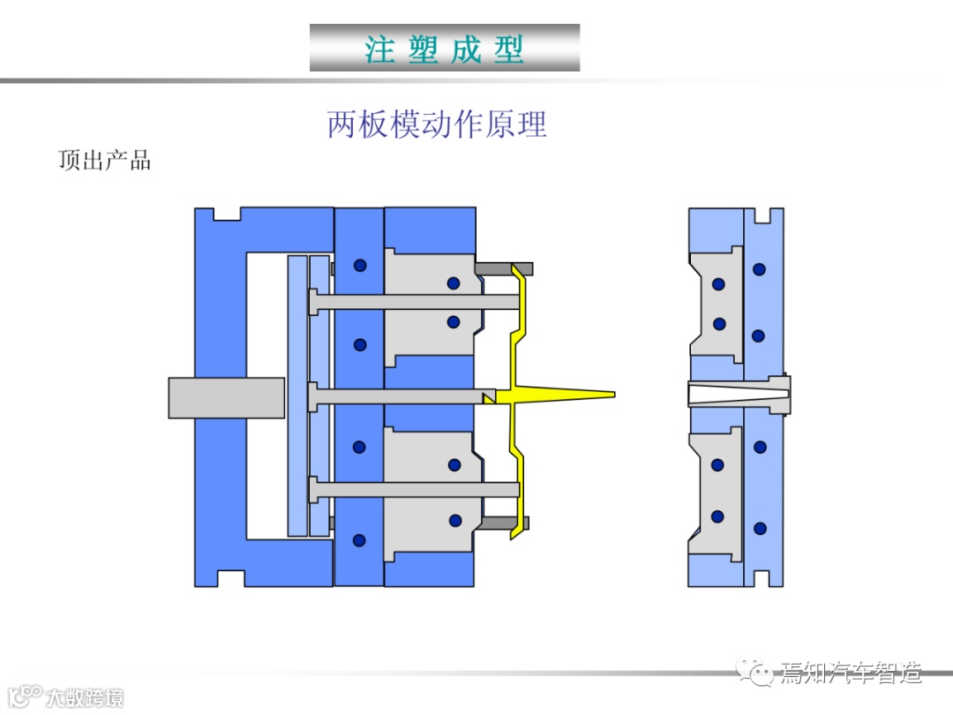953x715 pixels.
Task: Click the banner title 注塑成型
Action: (x=445, y=49)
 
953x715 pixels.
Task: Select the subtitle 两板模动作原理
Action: (x=437, y=124)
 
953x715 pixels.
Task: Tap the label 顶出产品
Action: (x=104, y=161)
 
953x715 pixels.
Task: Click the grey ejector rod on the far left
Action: (x=226, y=397)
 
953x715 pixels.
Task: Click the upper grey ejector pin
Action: (x=415, y=302)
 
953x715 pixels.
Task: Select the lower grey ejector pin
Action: (x=415, y=488)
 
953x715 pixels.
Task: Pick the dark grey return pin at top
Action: (x=504, y=267)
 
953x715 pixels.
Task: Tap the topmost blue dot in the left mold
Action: (x=359, y=266)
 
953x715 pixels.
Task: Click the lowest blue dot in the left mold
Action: (x=359, y=539)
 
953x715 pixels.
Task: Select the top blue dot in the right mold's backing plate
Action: (x=759, y=269)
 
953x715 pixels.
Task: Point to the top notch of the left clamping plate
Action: (x=229, y=214)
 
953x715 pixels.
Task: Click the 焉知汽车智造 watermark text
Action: (x=850, y=674)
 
